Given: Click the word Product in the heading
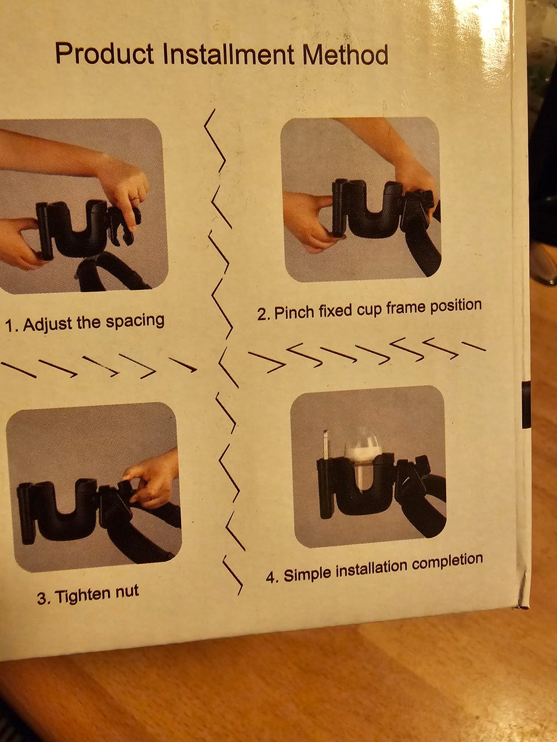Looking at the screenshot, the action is click(x=104, y=53).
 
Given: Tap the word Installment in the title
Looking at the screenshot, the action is click(x=229, y=54).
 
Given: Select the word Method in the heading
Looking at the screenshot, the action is click(x=345, y=54).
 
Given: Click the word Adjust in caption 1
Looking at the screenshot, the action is click(x=47, y=324).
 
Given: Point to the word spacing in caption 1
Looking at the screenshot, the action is click(x=135, y=321).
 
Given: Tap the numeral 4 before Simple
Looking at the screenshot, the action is click(x=271, y=577).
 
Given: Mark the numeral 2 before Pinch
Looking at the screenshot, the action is click(x=262, y=315).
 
